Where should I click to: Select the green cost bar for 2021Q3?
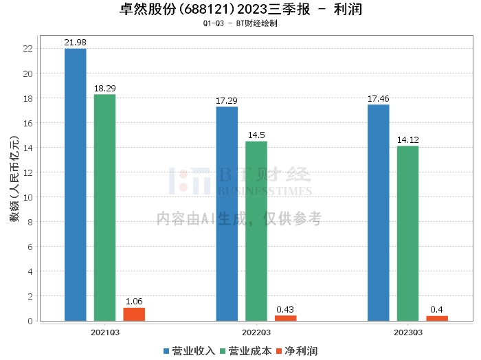click(105, 207)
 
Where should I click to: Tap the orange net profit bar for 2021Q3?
click(134, 314)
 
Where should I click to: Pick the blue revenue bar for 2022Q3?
click(227, 213)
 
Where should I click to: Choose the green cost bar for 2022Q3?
click(256, 231)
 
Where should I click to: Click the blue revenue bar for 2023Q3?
click(379, 212)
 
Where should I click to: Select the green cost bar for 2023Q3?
click(407, 233)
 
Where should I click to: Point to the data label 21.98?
click(76, 43)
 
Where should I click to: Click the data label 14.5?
click(256, 135)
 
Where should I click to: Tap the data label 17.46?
click(379, 99)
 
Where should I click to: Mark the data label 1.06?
click(134, 302)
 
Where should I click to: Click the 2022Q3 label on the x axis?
click(256, 332)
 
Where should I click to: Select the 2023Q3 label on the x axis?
click(407, 332)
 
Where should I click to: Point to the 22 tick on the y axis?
click(28, 49)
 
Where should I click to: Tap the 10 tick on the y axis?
click(28, 197)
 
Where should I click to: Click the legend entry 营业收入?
click(190, 351)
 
